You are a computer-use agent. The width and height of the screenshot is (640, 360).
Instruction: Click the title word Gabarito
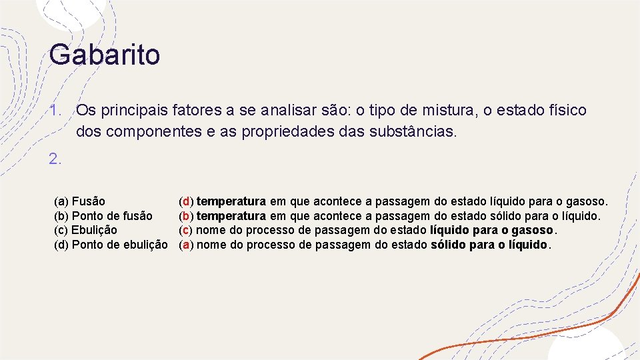(105, 55)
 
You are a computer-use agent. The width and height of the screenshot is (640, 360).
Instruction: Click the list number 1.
(54, 110)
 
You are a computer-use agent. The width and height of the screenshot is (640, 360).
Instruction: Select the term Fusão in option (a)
(88, 201)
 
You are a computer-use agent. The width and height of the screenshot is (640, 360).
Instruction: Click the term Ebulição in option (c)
(94, 230)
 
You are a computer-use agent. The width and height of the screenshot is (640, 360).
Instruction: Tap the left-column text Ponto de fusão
(112, 216)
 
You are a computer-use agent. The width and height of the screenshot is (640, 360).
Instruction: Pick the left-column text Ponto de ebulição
(119, 245)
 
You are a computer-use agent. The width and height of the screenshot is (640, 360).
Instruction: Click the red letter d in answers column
(186, 201)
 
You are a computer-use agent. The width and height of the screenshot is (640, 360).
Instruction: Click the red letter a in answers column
(186, 245)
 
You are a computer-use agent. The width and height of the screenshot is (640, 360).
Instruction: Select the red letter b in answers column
(186, 216)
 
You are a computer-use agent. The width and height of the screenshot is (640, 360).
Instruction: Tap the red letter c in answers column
(186, 230)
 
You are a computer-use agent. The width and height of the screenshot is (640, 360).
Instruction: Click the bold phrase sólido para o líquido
(489, 245)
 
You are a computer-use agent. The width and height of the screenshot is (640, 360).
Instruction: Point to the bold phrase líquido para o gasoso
(491, 230)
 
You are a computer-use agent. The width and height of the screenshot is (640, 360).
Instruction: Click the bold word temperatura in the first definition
(231, 201)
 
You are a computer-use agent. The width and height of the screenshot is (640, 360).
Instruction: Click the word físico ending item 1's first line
(566, 110)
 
